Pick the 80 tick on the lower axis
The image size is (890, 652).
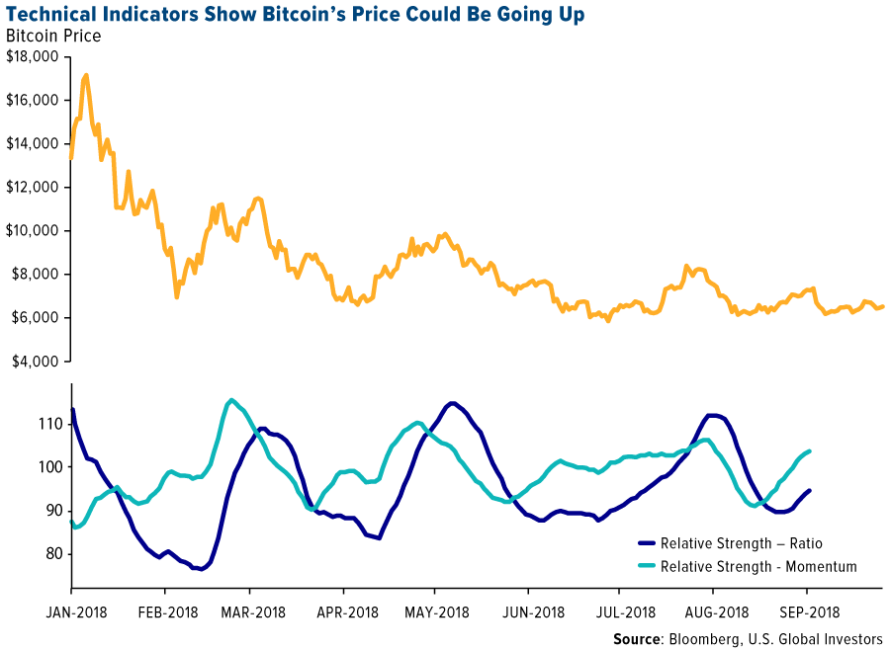coord(52,554)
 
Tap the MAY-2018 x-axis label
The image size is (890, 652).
coord(436,612)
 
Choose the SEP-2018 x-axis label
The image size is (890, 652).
coord(802,612)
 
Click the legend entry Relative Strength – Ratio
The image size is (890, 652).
coord(741,542)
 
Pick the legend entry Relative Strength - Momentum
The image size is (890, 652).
coord(757,566)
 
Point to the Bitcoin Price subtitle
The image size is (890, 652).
coord(53,37)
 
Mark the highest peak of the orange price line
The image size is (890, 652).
coord(86,74)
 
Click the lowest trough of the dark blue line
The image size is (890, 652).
coord(199,570)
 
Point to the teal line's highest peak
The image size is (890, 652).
coord(231,400)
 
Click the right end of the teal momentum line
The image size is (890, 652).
coord(811,451)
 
